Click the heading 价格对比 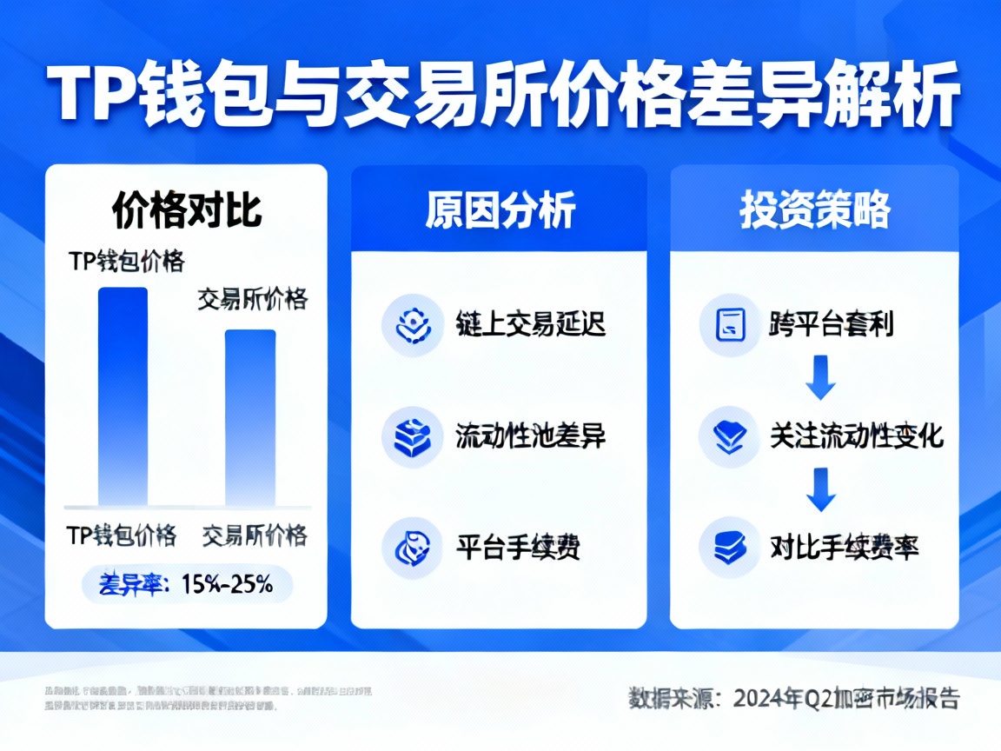pos(187,209)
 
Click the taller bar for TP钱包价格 pos(123,395)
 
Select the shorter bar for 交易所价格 pos(250,417)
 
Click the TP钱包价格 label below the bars pos(122,535)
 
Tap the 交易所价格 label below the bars pos(255,535)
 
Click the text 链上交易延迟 pos(530,324)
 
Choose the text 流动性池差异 pos(530,435)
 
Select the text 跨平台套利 pos(831,324)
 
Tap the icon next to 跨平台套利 pos(730,325)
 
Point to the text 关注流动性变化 pos(856,435)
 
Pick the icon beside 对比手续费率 pos(730,547)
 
